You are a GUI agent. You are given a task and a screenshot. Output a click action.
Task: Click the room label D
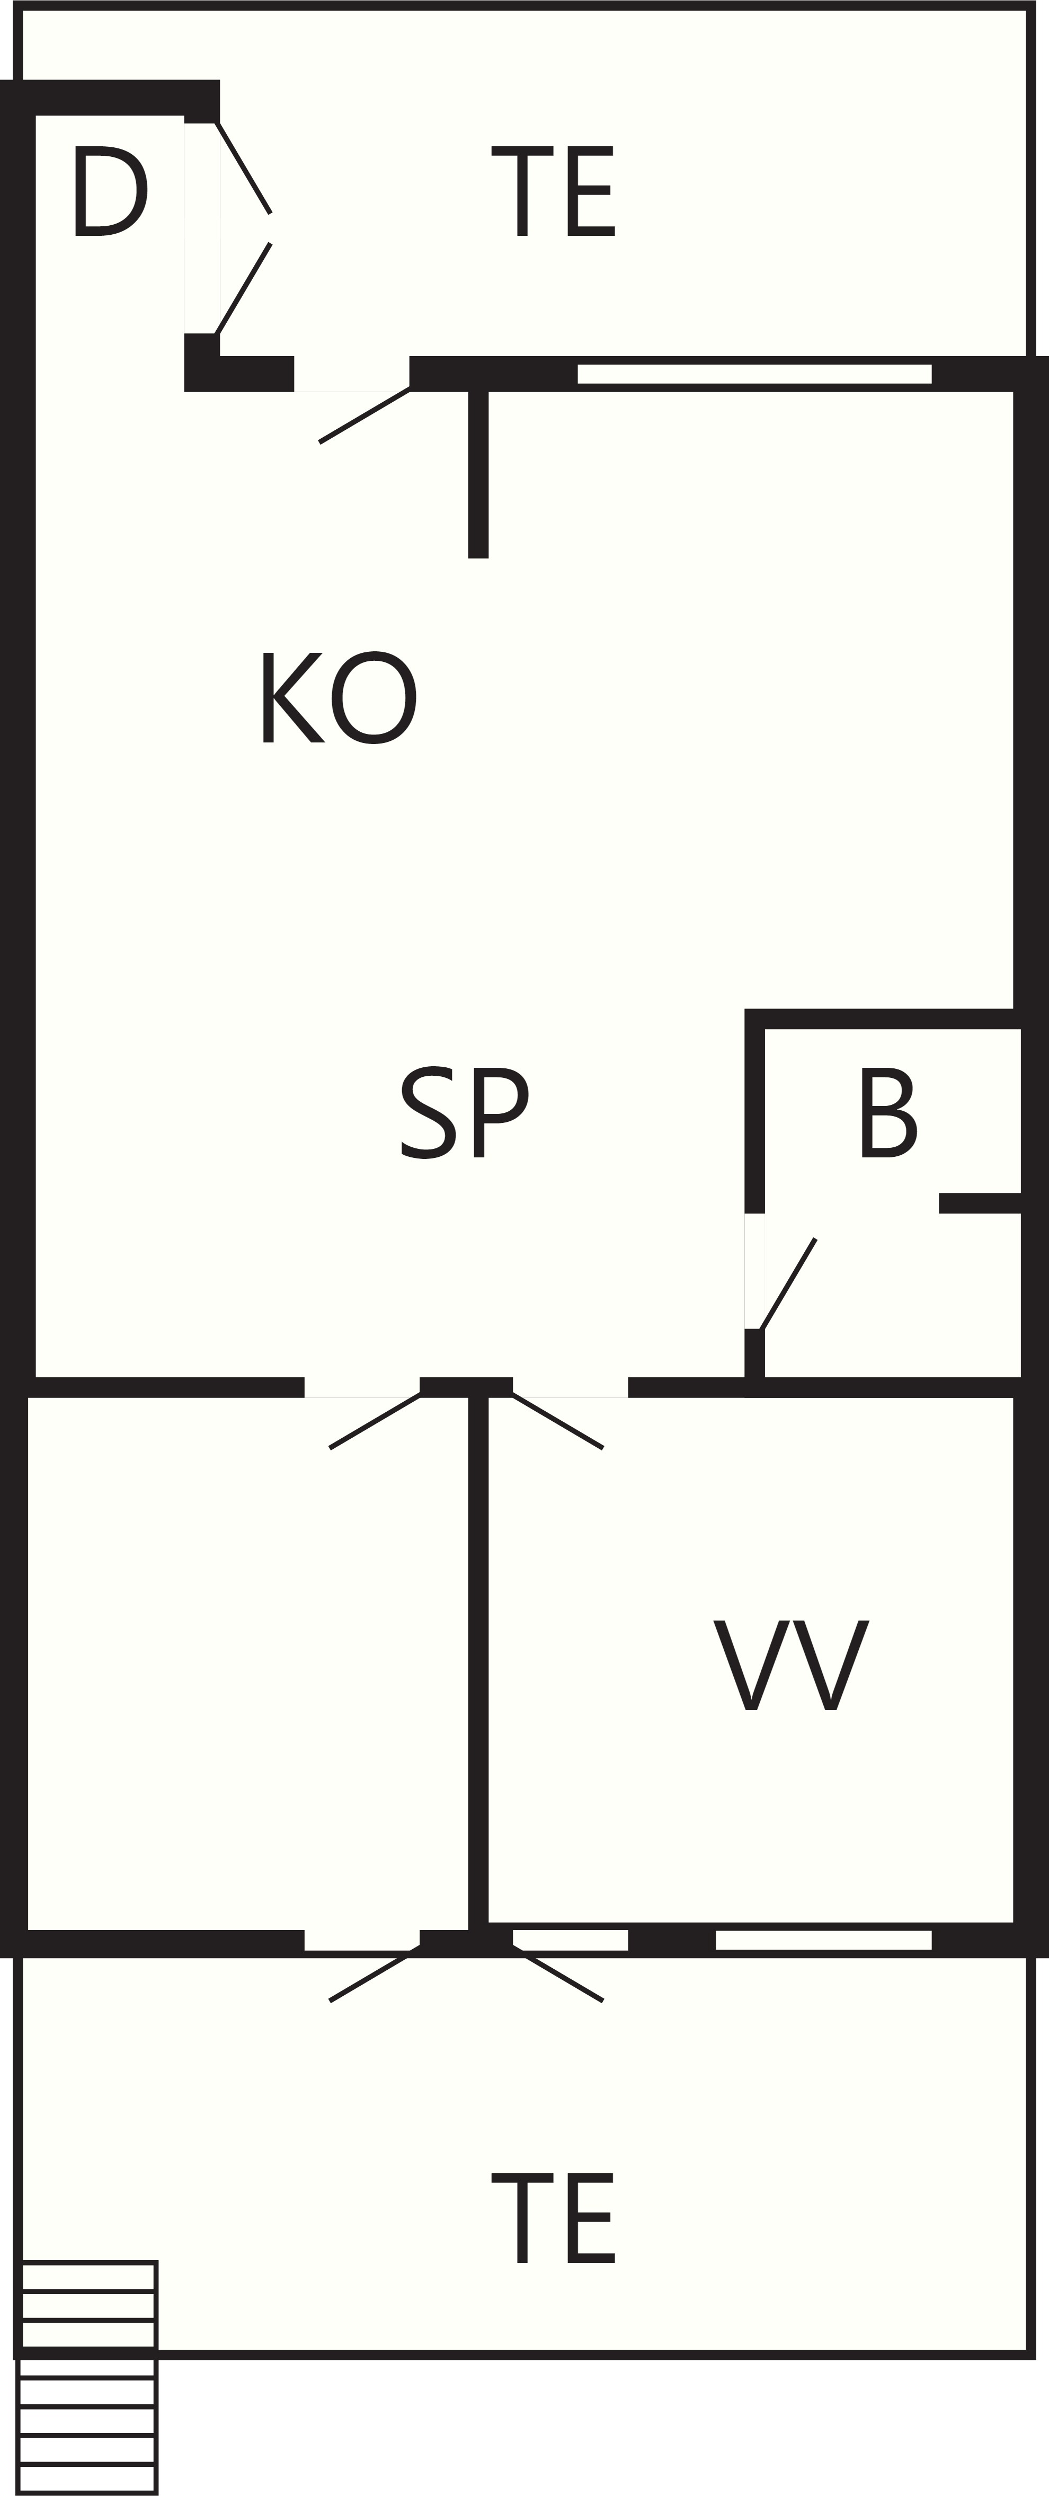point(110,191)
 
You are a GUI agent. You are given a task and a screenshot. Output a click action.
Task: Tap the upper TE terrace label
point(553,191)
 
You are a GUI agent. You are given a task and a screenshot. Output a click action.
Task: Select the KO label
point(339,697)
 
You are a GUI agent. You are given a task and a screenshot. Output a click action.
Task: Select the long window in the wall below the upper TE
point(754,374)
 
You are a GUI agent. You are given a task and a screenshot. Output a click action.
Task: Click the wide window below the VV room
point(823,1940)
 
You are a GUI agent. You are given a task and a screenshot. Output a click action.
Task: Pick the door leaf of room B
point(788,1284)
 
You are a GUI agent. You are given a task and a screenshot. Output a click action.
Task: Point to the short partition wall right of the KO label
point(478,475)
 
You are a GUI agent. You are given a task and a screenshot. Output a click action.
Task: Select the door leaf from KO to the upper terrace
point(364,415)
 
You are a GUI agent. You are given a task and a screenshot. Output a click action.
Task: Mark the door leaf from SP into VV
point(558,1420)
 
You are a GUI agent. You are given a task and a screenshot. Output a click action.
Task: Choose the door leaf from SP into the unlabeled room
point(375,1420)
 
